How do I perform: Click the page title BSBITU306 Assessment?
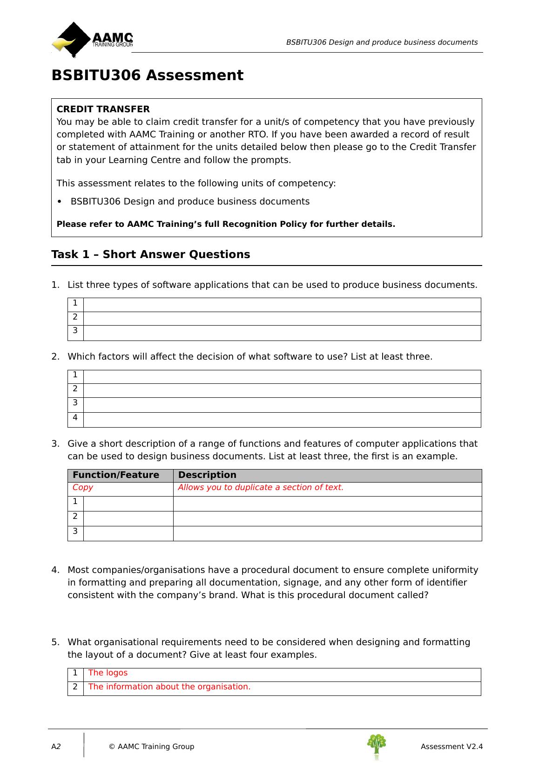(147, 75)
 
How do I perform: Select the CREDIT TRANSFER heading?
(103, 109)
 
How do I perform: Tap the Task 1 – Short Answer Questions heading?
(150, 254)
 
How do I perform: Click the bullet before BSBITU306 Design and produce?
(59, 202)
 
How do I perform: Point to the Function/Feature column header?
(116, 475)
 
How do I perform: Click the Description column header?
(207, 475)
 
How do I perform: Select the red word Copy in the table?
(83, 488)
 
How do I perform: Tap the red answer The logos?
(108, 673)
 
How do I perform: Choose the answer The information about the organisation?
(169, 687)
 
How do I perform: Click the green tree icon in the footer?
(377, 745)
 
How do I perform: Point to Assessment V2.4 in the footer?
(451, 747)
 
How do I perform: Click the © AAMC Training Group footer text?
(151, 747)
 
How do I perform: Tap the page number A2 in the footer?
(56, 747)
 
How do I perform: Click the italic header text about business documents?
(382, 42)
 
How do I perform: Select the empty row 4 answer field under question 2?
(282, 420)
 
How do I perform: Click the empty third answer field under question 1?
(282, 333)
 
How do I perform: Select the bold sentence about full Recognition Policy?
(226, 224)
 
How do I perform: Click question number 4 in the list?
(55, 570)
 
